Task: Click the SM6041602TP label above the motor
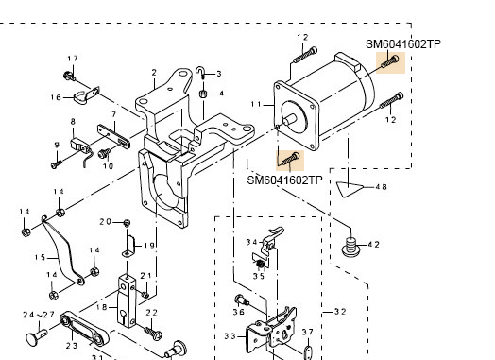(403, 43)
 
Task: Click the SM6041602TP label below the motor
(285, 180)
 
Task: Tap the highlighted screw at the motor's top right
(390, 63)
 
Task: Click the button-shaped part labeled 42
(351, 249)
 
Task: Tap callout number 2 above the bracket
(153, 72)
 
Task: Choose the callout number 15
(39, 256)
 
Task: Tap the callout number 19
(149, 245)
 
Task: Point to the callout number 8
(73, 120)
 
